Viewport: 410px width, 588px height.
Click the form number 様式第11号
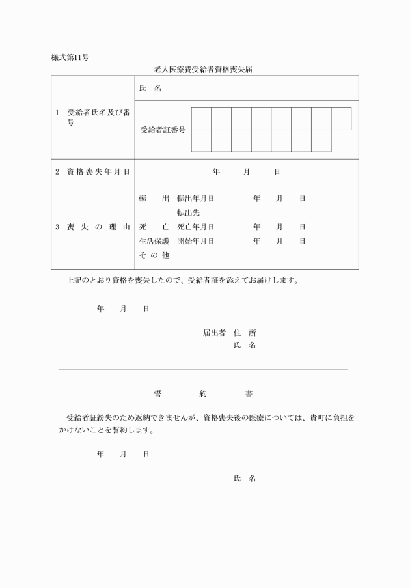[x=70, y=57]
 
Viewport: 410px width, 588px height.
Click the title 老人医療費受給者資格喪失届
[x=204, y=68]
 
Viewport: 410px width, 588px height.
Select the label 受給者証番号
[x=163, y=130]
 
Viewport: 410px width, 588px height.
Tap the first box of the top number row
[x=201, y=119]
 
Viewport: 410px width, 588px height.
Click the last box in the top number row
[x=341, y=119]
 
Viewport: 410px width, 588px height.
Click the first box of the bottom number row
[x=201, y=141]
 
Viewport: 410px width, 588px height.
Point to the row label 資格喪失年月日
[x=92, y=172]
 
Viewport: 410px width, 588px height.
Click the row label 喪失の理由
[x=92, y=227]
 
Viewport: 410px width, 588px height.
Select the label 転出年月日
[x=196, y=198]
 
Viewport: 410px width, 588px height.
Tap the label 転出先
[x=188, y=212]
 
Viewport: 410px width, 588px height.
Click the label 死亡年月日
[x=196, y=227]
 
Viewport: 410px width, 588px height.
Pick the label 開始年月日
[x=196, y=241]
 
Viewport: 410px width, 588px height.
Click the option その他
[x=154, y=255]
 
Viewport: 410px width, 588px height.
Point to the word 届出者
[x=214, y=333]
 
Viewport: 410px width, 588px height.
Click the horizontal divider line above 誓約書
[x=203, y=369]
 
